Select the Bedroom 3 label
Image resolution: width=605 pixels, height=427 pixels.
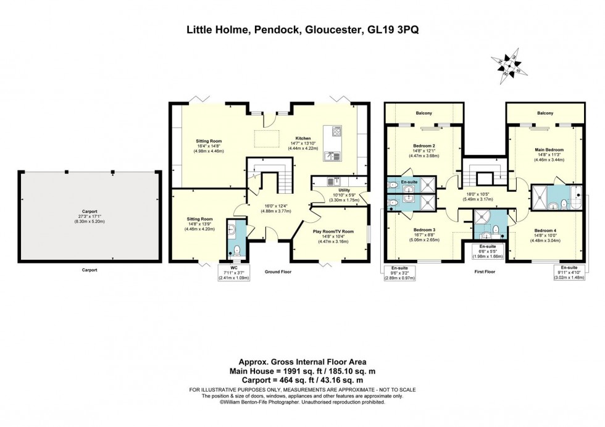point(424,229)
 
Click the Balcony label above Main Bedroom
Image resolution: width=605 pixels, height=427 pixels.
point(544,113)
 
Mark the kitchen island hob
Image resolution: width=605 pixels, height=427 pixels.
point(337,131)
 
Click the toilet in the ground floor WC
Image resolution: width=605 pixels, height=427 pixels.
point(235,251)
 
